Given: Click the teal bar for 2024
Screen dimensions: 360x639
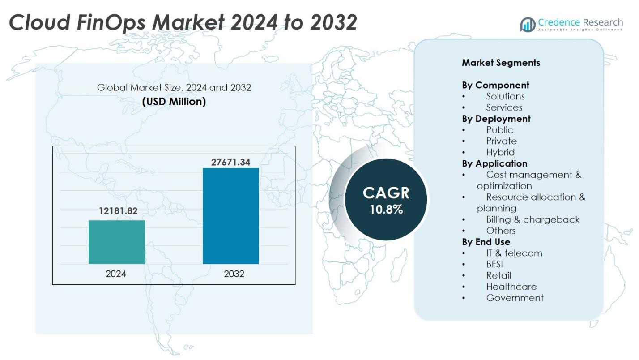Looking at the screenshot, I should click(x=117, y=242).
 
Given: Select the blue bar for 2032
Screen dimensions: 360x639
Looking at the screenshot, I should click(x=230, y=216).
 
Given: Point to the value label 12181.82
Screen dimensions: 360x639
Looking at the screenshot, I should click(x=118, y=211).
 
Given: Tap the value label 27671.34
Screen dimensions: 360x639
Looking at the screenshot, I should click(x=230, y=162).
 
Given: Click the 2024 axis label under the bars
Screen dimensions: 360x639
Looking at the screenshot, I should click(x=116, y=274).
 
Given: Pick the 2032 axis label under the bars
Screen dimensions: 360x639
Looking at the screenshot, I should click(x=234, y=274).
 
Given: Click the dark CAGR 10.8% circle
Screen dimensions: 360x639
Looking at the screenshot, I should click(x=386, y=200).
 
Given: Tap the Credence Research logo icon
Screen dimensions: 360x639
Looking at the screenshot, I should click(x=528, y=24).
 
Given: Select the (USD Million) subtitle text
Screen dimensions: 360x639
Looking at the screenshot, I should click(x=174, y=102).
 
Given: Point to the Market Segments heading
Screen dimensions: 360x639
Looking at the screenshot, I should click(x=501, y=63).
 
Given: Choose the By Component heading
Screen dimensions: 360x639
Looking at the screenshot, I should click(x=495, y=85).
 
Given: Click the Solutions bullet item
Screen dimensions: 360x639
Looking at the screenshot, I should click(x=505, y=96).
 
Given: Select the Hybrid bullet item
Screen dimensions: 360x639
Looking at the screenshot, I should click(x=500, y=152).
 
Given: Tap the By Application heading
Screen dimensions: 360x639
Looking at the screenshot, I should click(x=494, y=163).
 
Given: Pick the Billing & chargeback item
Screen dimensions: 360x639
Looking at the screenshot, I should click(x=532, y=219).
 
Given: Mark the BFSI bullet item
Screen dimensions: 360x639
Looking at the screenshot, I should click(x=494, y=264).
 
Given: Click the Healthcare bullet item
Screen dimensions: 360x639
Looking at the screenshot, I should click(x=511, y=287).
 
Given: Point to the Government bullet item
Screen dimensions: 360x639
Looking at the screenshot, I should click(x=515, y=298).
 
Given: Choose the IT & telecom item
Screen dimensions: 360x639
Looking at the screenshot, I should click(x=514, y=253).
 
